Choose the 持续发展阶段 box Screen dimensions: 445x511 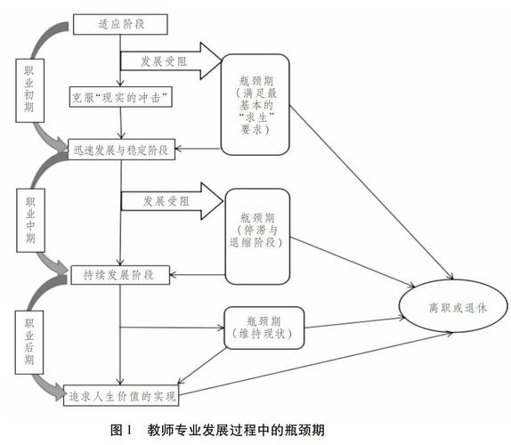(118, 274)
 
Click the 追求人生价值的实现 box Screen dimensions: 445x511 (123, 393)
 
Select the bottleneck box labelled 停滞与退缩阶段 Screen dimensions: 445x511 (260, 228)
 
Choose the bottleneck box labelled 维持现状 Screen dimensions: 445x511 (264, 326)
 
